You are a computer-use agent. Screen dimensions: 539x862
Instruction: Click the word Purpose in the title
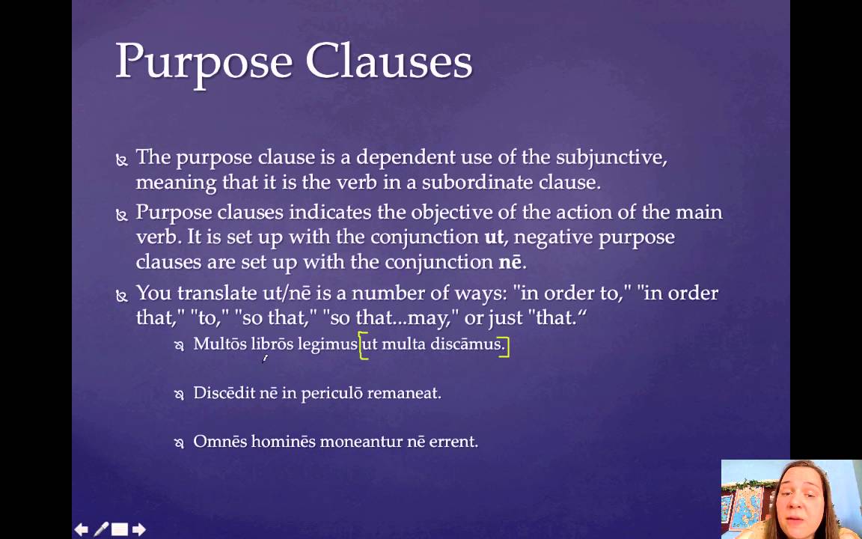203,61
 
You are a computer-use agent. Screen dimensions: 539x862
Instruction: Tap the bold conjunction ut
494,237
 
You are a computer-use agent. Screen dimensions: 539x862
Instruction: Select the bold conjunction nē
511,262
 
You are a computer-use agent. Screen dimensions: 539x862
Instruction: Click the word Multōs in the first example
220,344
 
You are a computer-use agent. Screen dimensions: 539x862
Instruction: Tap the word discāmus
468,344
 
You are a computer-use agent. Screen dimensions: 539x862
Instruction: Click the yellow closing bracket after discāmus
507,345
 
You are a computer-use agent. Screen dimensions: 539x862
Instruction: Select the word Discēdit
224,392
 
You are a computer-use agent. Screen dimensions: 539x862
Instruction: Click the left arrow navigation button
82,529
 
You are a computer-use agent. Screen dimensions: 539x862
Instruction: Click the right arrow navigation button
138,529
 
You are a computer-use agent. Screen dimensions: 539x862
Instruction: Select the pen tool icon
100,529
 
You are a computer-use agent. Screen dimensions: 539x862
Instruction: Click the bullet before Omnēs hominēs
179,442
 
